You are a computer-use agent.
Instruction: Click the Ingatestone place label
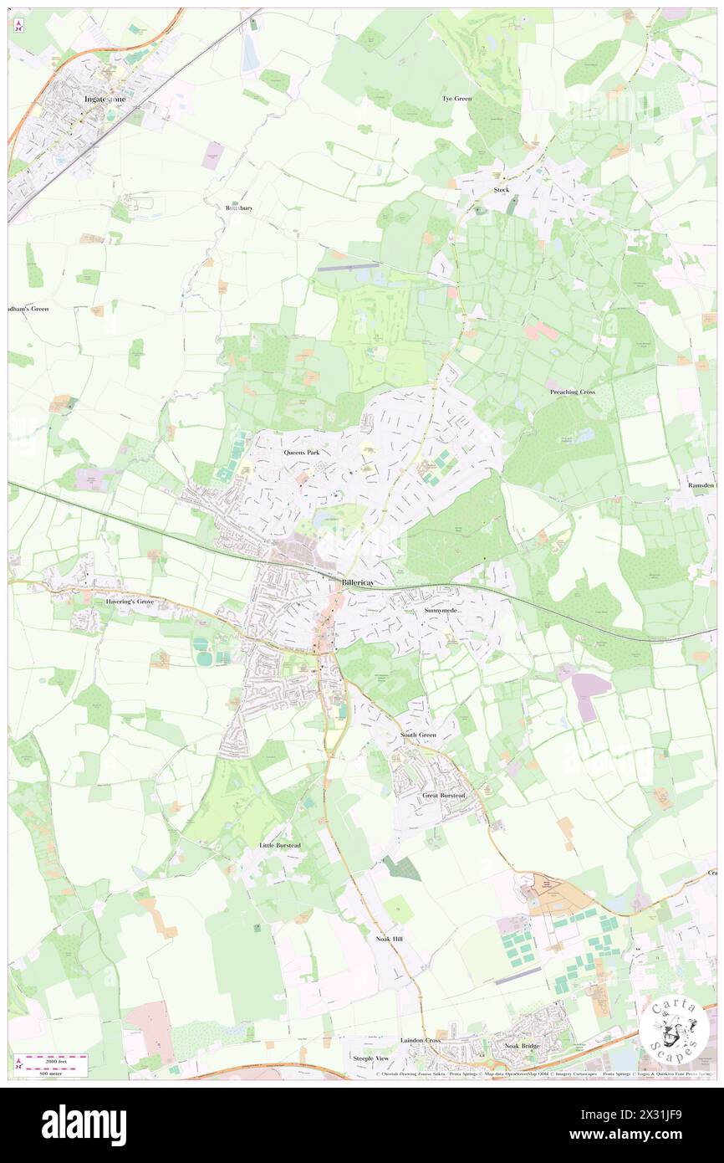(x=105, y=99)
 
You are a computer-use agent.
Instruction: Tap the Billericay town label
(x=361, y=582)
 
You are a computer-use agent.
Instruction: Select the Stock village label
(x=501, y=190)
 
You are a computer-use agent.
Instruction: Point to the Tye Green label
(x=456, y=99)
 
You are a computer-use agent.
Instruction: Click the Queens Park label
(x=301, y=453)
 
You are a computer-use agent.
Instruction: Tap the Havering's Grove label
(x=131, y=601)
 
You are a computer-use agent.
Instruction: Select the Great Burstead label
(x=443, y=795)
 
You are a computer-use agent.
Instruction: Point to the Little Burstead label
(x=280, y=845)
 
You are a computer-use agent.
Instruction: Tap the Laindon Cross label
(x=421, y=1040)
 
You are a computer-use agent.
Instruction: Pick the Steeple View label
(x=370, y=1058)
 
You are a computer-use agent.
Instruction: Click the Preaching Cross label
(x=572, y=392)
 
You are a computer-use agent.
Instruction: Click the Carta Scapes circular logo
(x=674, y=1030)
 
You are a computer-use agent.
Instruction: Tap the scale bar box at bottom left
(x=52, y=1064)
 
